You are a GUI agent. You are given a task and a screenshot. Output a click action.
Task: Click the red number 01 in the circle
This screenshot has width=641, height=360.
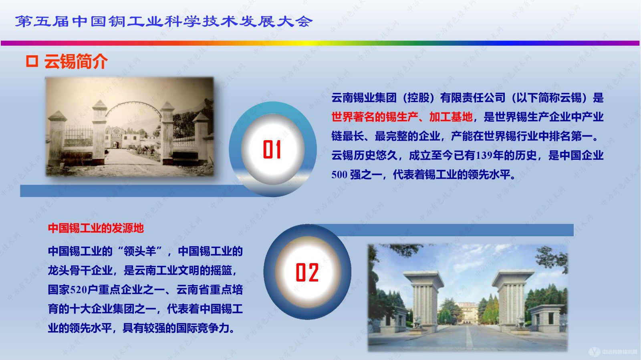[272, 149]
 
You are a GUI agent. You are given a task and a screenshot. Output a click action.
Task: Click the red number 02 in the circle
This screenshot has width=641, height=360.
[307, 272]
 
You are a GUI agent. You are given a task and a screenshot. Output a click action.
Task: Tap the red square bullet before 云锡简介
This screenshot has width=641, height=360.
[32, 61]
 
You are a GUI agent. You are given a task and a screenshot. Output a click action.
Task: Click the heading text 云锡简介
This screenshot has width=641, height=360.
[76, 62]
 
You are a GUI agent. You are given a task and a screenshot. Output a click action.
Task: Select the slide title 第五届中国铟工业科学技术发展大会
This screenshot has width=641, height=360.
[163, 21]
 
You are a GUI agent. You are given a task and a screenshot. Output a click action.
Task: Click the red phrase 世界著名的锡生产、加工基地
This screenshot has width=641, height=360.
[402, 117]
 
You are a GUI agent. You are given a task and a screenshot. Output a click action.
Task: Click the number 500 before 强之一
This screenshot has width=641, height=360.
[339, 175]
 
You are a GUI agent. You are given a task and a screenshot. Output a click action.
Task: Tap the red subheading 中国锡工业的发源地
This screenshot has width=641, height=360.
[96, 228]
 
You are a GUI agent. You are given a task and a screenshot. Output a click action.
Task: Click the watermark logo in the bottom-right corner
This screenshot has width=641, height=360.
[613, 352]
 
